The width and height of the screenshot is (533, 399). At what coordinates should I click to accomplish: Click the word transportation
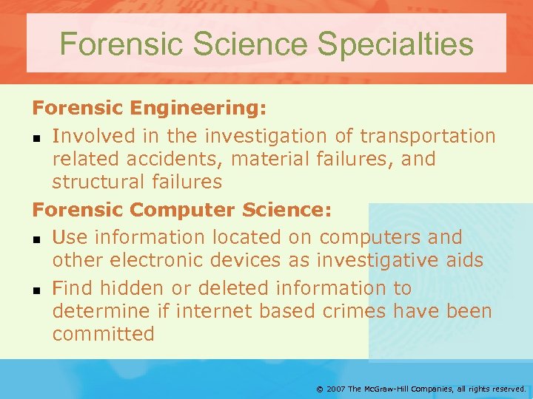point(427,136)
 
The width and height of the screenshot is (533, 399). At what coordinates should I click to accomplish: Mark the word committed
point(103,334)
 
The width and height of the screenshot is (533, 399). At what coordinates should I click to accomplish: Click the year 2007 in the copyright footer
point(336,389)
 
